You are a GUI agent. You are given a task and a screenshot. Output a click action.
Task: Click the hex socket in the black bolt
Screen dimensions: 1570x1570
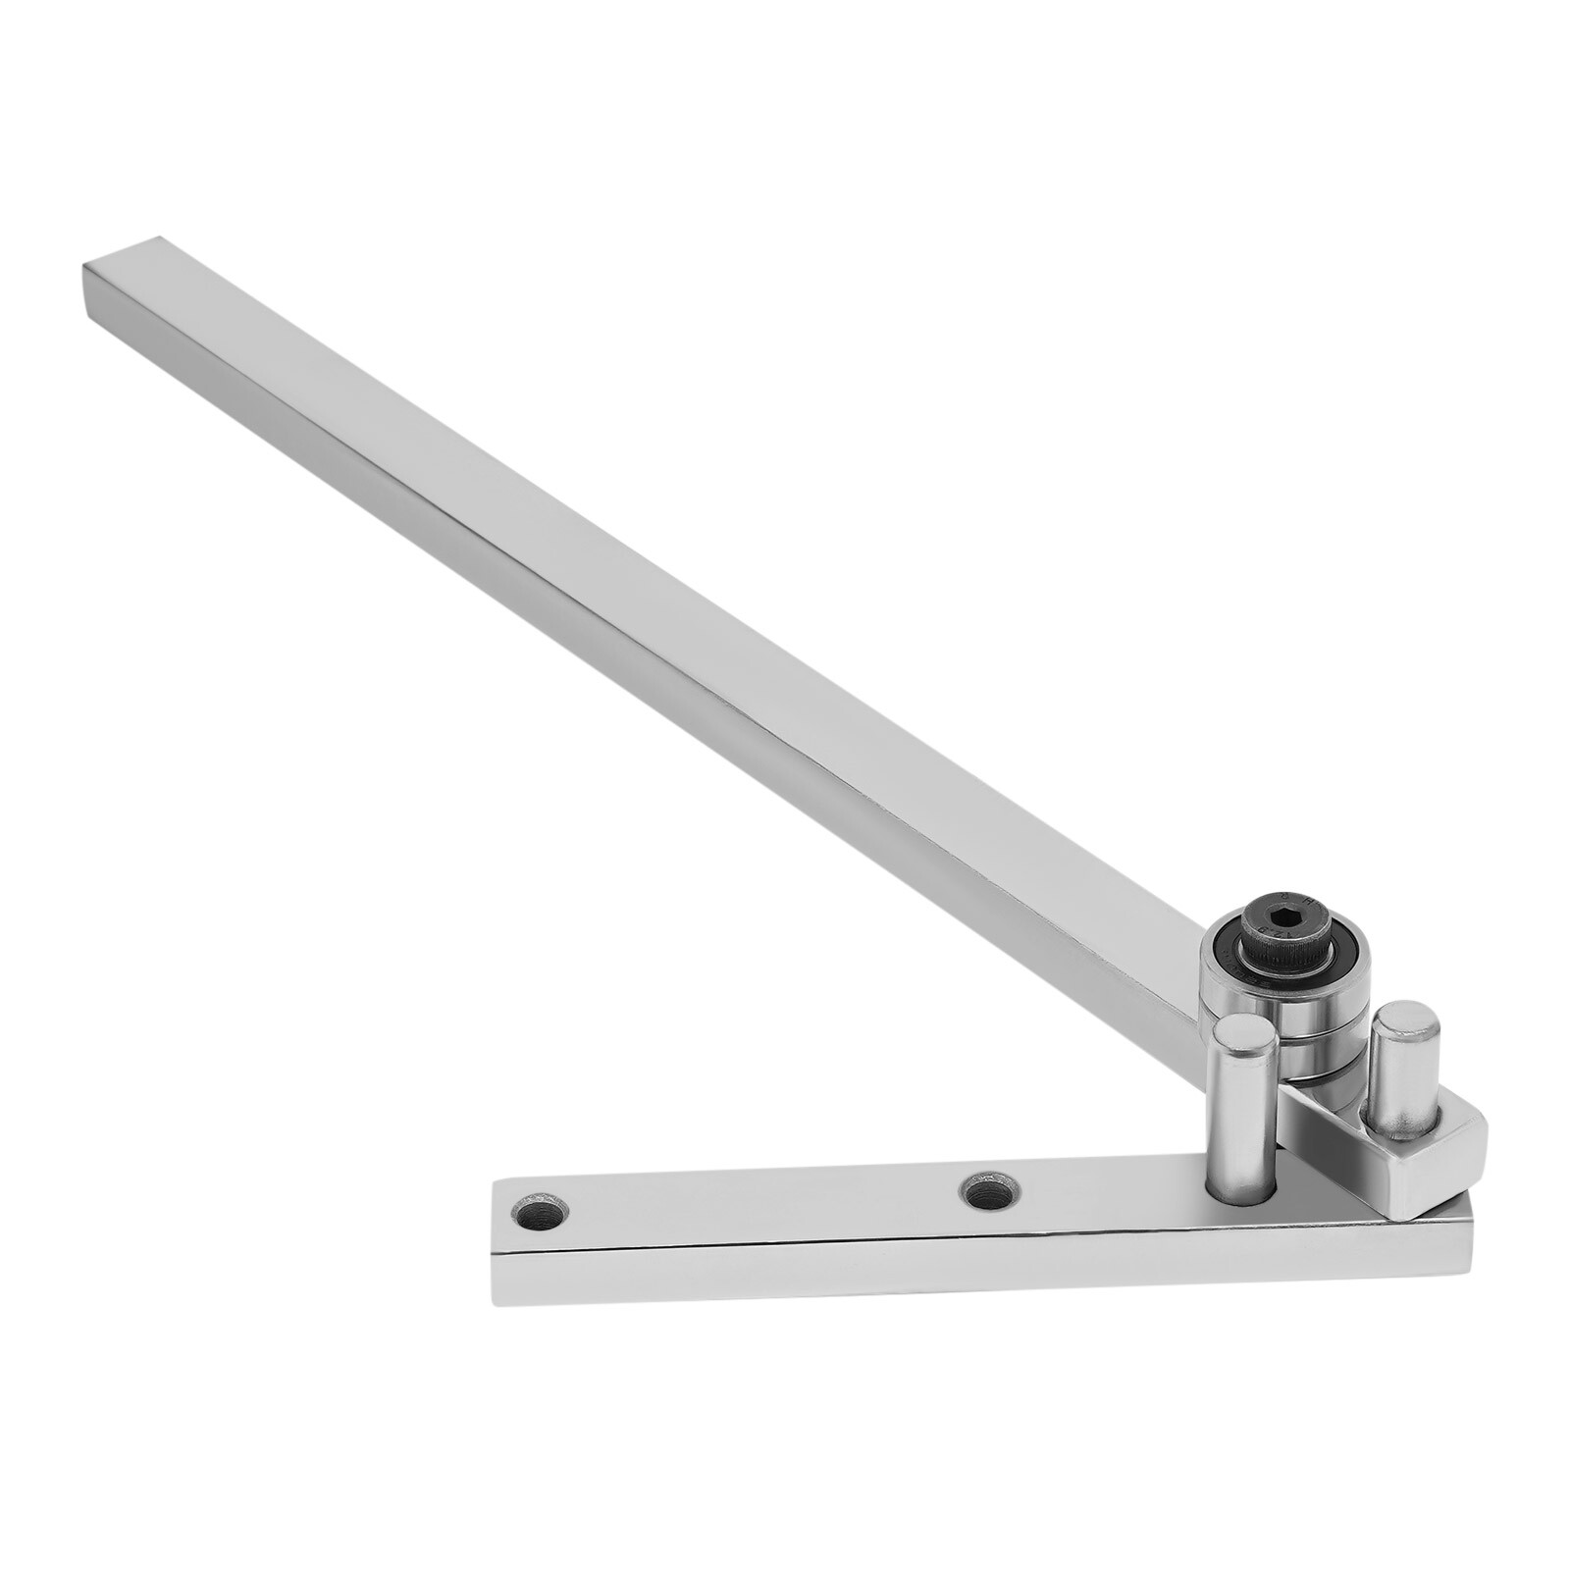(x=1277, y=922)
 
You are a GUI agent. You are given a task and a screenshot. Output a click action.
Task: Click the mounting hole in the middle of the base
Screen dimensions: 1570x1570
(x=990, y=1192)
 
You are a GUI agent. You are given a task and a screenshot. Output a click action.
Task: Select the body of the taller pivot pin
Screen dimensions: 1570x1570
(x=1242, y=1119)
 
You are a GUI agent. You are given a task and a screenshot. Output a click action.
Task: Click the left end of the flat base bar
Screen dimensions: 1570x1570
(x=505, y=1241)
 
